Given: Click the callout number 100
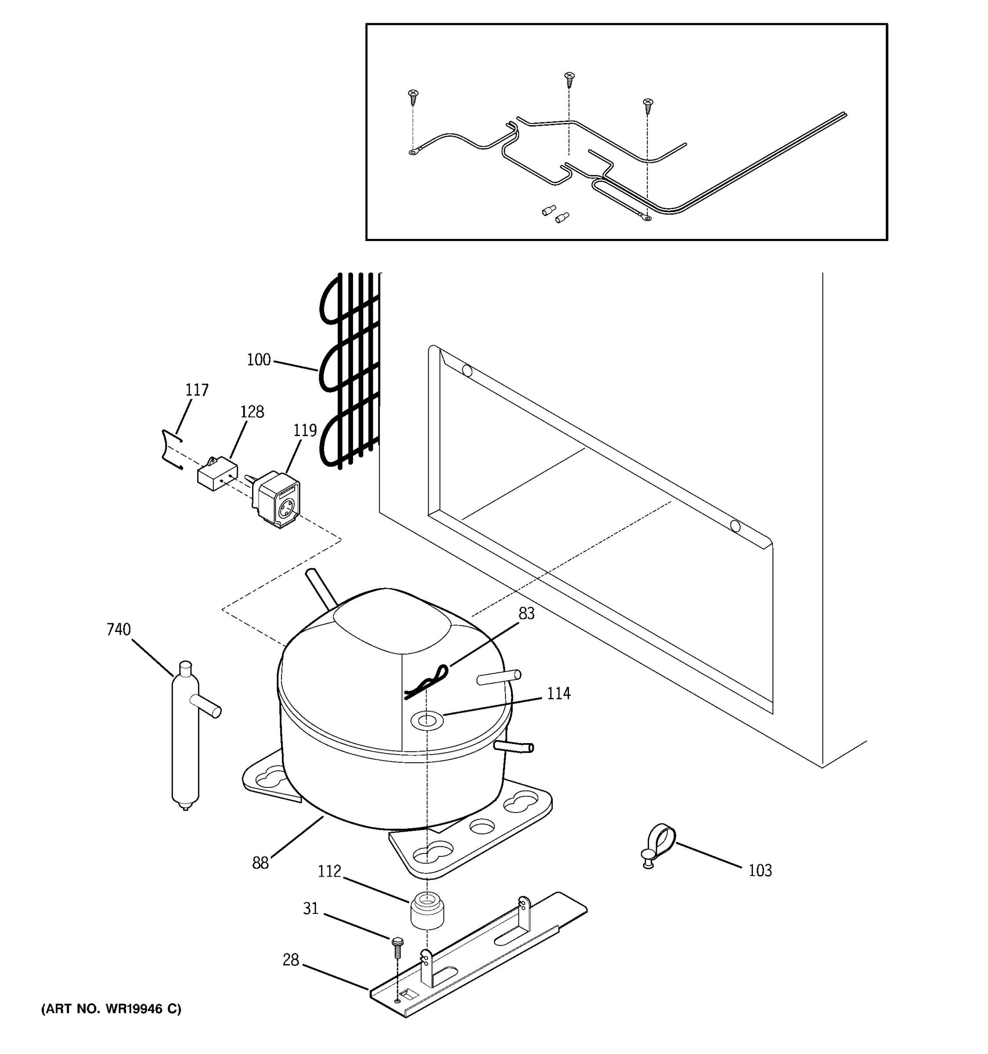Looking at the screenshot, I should point(259,360).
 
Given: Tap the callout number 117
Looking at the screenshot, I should point(197,390).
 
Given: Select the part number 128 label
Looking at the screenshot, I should point(252,412).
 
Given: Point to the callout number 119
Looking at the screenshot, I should point(305,430).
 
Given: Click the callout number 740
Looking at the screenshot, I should point(118,629).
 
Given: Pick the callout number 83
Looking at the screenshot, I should point(526,614).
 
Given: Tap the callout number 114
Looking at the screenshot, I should point(559,693).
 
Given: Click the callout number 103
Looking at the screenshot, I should point(760,870).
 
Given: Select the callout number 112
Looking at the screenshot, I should point(329,872).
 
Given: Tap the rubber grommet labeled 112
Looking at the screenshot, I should point(427,911).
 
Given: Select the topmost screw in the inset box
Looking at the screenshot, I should point(569,79).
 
